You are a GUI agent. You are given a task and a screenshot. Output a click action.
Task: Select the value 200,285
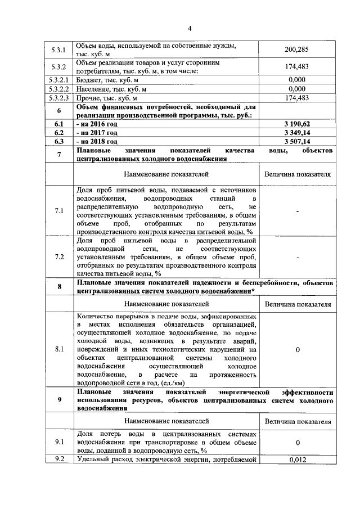[x=297, y=50]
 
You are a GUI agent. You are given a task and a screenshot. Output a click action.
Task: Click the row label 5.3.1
[x=59, y=50]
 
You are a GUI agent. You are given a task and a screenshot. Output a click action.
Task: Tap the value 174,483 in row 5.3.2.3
[x=297, y=97]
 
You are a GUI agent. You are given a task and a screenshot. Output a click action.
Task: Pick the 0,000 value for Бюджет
[x=297, y=80]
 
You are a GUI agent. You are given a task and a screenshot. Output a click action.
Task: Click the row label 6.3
[x=59, y=142]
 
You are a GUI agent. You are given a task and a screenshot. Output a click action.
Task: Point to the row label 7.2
[x=59, y=256]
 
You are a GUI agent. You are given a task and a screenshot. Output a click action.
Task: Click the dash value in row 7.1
[x=297, y=211]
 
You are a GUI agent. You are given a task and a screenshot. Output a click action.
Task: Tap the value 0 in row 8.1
[x=297, y=350]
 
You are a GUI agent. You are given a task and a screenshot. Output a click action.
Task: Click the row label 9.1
[x=59, y=442]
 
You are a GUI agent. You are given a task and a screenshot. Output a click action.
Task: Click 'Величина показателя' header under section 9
[x=297, y=421]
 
